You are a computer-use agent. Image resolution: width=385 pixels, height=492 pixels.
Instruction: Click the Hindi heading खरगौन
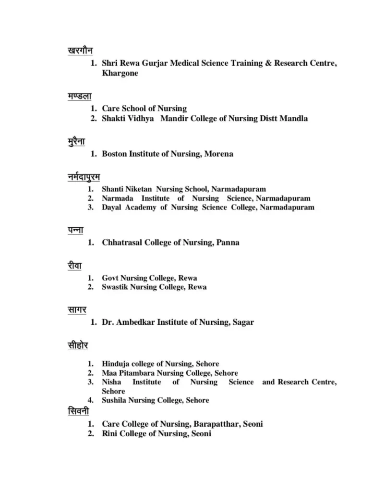80,50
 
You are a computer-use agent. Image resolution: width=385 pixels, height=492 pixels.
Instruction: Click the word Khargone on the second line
120,73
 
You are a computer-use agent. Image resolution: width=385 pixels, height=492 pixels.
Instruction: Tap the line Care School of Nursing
144,109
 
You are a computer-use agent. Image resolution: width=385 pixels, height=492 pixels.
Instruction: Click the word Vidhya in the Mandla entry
141,118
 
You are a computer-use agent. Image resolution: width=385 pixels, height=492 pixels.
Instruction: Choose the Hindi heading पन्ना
76,230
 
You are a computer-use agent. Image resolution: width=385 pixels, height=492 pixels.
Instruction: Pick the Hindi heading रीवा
76,266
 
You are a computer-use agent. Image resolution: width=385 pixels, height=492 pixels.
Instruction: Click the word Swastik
114,287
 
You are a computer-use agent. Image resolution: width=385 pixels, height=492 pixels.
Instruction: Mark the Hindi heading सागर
77,310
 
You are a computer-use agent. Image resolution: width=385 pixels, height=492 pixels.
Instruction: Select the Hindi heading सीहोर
78,345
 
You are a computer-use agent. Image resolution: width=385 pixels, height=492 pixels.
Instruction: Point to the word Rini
109,434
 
